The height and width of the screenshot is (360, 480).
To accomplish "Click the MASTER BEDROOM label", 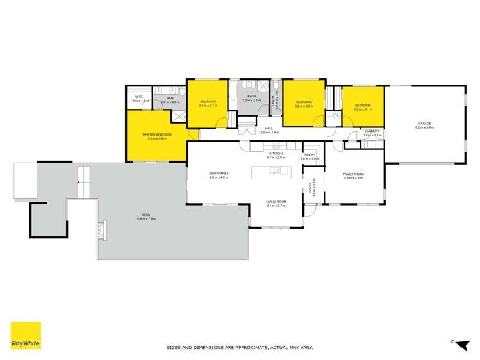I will click(157, 135).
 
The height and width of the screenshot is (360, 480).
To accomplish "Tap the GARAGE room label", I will click(424, 123).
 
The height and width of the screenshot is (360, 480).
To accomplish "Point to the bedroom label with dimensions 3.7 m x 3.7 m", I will click(208, 102).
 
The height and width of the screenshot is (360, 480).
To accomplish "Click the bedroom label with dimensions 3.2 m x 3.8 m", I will click(303, 102).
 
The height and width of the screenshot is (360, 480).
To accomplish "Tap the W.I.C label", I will click(138, 97).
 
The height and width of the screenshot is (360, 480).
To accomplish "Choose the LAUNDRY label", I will click(372, 131).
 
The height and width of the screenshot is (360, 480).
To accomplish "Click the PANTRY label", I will click(310, 154).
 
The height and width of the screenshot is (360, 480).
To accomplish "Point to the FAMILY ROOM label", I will click(353, 174).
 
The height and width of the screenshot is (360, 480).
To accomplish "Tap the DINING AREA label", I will click(219, 174).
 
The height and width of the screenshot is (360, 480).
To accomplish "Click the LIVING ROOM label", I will click(276, 202).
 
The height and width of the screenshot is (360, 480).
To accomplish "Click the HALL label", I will click(269, 129).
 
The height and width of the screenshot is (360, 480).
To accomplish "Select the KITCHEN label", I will click(276, 154).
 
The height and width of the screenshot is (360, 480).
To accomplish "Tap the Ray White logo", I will click(26, 335).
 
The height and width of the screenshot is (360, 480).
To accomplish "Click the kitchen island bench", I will click(271, 171).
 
